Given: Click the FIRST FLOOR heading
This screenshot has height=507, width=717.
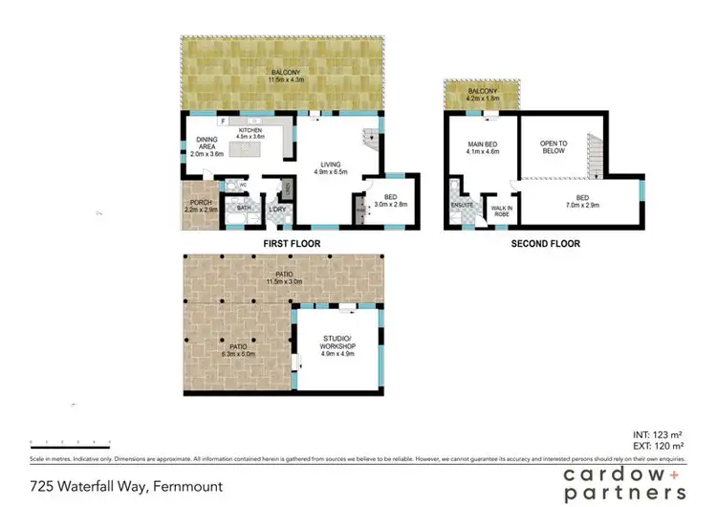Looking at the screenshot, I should point(292,244).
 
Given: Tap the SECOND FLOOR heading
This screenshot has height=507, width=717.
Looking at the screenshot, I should point(546,244).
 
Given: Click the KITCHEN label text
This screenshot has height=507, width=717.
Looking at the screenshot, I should point(250,132).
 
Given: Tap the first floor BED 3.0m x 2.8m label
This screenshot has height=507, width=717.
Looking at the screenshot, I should point(390,200).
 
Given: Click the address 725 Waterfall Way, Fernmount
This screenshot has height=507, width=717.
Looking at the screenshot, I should point(126,487).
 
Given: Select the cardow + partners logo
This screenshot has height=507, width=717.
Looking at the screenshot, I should point(624,484).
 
